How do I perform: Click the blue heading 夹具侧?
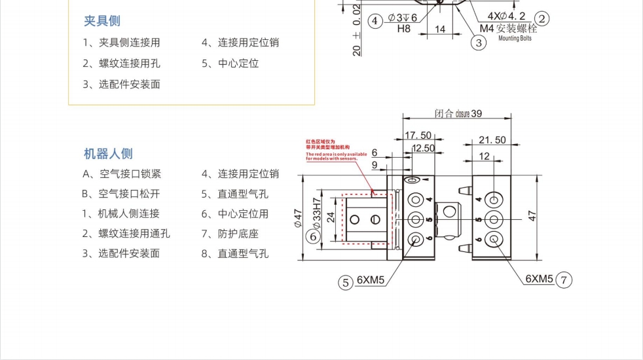tap(102, 21)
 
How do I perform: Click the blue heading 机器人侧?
tap(108, 154)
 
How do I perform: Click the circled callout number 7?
tap(564, 280)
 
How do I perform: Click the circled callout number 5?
tap(345, 283)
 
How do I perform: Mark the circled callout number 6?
tap(314, 236)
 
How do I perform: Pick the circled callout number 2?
tap(542, 18)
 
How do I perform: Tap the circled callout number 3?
tap(479, 43)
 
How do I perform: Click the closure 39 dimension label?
tap(458, 113)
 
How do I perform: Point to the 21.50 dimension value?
tap(492, 139)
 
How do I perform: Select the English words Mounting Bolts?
tap(515, 39)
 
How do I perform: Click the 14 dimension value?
tap(440, 29)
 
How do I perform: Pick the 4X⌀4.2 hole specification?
tap(506, 16)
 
